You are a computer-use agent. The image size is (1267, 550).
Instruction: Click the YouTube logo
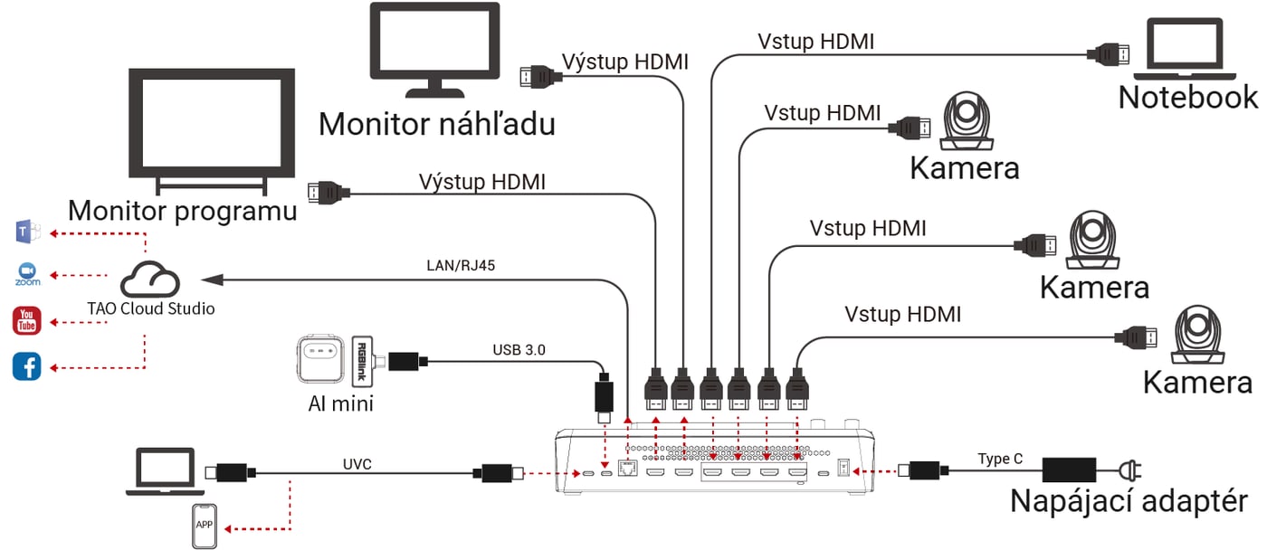pos(26,321)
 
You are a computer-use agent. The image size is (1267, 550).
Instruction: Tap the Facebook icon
pos(26,366)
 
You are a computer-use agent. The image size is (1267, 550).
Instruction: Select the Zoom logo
pos(28,275)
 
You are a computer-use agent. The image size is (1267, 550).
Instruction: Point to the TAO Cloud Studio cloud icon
pos(150,280)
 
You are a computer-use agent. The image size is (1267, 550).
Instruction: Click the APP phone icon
pos(205,526)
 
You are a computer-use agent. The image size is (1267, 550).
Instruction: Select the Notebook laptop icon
pos(1185,49)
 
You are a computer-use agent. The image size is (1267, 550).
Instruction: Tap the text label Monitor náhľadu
pos(436,124)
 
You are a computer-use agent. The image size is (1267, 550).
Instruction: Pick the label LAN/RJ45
pos(461,265)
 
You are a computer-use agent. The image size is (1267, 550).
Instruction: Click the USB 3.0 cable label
pos(519,350)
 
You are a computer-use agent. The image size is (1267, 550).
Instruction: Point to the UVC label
pos(357,464)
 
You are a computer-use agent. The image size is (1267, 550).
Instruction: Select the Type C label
pos(1000,459)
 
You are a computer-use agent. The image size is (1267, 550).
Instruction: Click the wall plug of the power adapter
pos(1130,469)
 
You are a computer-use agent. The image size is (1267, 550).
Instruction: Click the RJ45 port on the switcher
pos(627,468)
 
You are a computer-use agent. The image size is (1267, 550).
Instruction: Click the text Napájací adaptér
pos(1129,501)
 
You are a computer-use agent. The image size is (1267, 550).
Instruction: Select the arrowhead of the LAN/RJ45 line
pos(212,280)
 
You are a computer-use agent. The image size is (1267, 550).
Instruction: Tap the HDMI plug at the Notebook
pos(1108,54)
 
